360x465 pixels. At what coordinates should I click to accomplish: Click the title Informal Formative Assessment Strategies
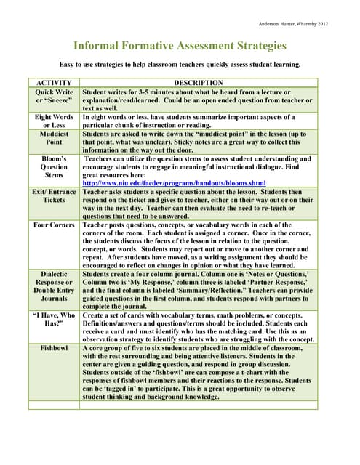(x=180, y=46)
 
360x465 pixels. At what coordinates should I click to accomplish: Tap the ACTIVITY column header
(x=54, y=83)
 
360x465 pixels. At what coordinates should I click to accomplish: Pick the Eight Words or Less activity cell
(x=54, y=121)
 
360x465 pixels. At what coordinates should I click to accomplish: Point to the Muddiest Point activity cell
(x=54, y=139)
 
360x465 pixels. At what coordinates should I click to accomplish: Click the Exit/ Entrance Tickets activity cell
(x=54, y=195)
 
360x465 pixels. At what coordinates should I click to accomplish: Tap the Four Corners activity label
(x=54, y=225)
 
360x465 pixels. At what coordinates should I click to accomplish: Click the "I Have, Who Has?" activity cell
(x=54, y=320)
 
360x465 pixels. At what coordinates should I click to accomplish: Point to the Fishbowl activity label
(x=54, y=349)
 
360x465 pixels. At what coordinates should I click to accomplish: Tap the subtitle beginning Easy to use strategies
(x=180, y=65)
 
